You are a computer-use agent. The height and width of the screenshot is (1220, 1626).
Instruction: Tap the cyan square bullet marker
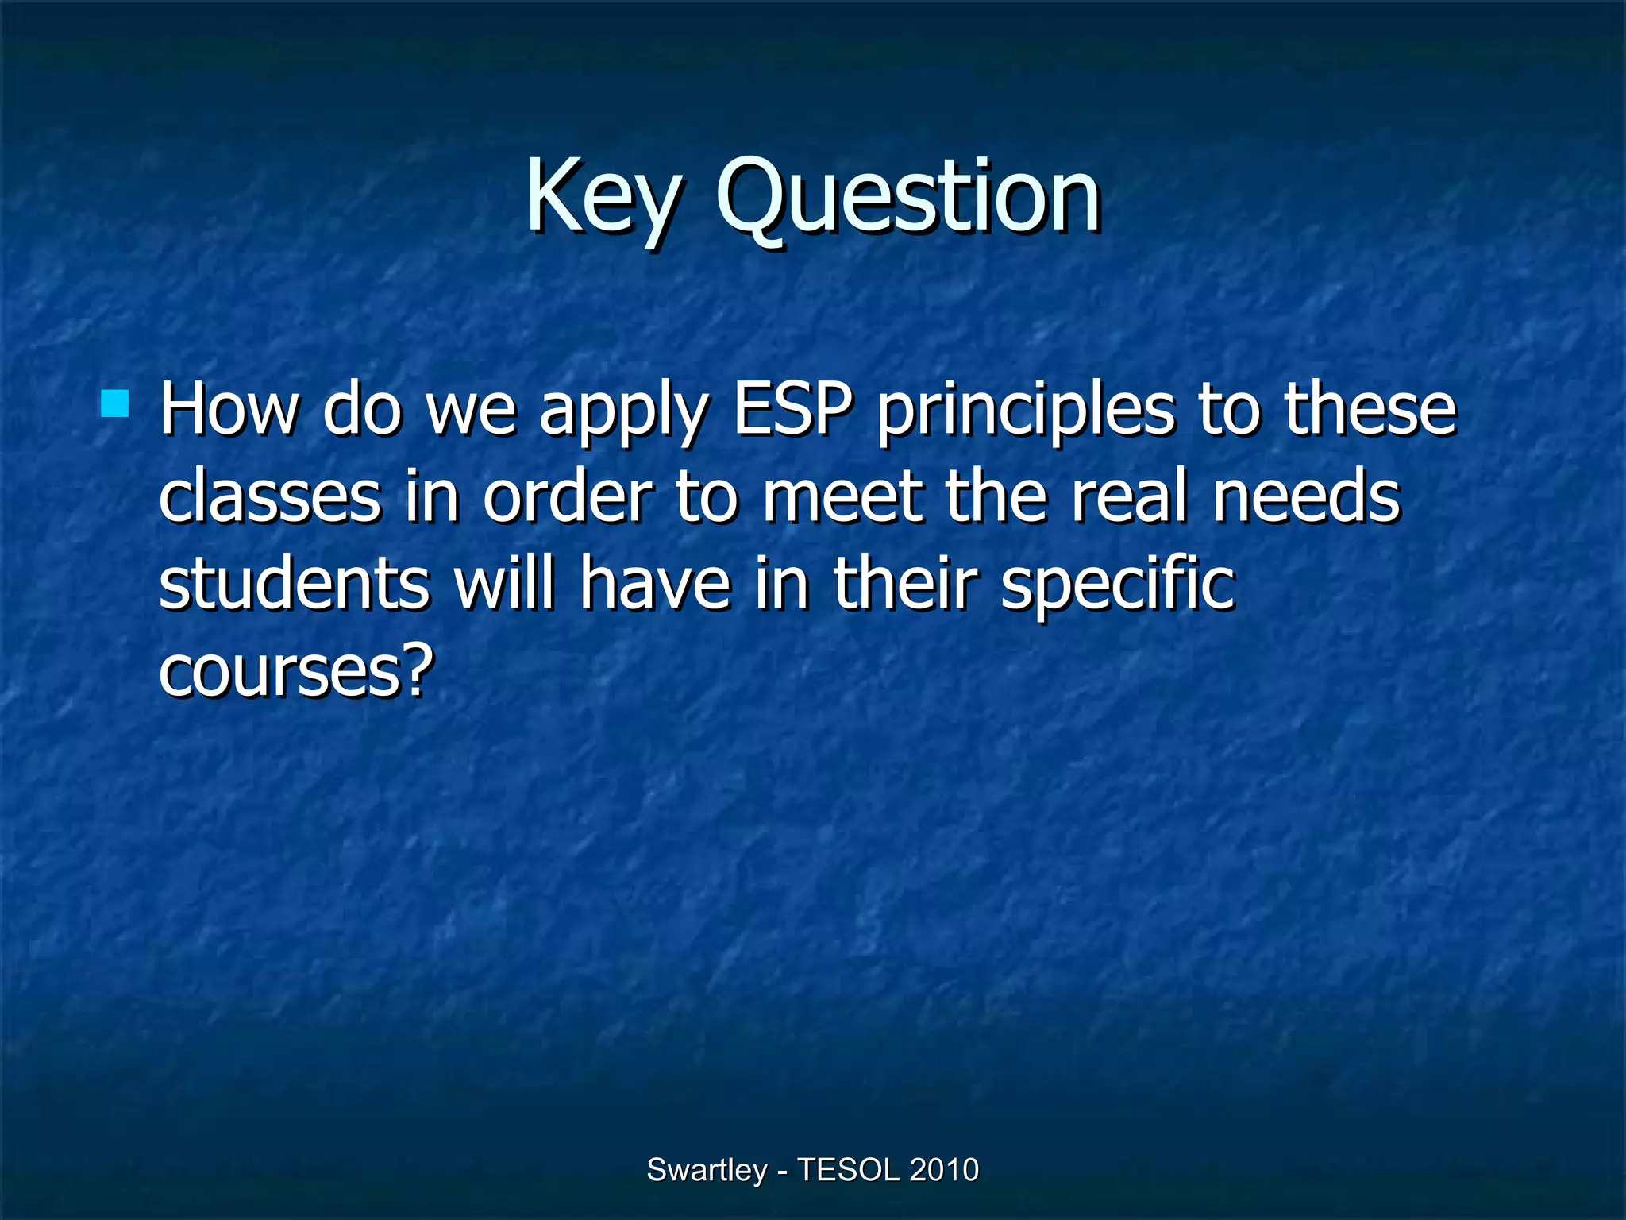(x=115, y=403)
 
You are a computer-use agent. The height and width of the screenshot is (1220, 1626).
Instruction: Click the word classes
(x=270, y=497)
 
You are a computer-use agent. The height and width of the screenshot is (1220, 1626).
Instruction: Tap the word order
(x=568, y=497)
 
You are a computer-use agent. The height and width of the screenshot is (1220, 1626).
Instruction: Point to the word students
(x=294, y=583)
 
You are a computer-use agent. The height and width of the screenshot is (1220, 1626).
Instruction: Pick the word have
(x=654, y=583)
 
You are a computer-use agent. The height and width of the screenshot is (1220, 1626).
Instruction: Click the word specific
(x=1118, y=586)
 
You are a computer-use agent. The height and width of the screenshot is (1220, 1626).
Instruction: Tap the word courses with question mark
(x=296, y=671)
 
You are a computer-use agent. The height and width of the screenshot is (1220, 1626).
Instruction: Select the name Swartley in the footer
(x=707, y=1170)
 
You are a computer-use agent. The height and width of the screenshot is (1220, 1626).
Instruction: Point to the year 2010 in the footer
(x=944, y=1170)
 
